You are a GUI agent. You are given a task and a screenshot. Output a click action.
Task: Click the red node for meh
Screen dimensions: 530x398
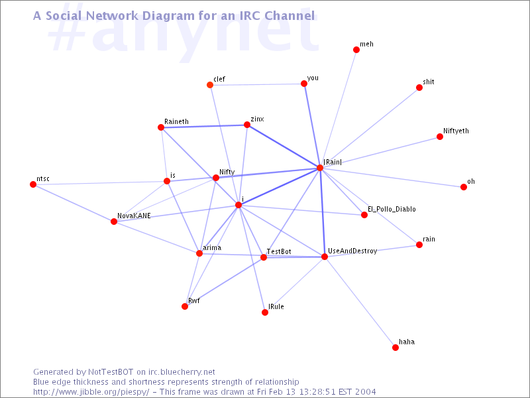click(x=356, y=50)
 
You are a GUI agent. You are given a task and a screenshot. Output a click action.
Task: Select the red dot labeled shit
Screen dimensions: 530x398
click(x=419, y=88)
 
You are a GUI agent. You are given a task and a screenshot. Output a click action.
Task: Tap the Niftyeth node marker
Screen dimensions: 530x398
click(x=440, y=137)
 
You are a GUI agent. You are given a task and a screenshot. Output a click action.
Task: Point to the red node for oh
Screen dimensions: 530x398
click(x=464, y=187)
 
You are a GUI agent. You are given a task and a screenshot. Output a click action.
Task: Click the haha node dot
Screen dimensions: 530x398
click(x=396, y=348)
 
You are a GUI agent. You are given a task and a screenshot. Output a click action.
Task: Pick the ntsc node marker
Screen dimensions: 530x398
click(x=33, y=184)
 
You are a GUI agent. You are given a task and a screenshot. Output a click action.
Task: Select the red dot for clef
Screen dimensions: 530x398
click(x=210, y=85)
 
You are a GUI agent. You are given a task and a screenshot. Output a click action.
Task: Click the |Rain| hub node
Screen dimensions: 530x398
click(x=320, y=168)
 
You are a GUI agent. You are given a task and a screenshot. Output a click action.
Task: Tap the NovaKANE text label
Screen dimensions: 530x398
click(x=134, y=216)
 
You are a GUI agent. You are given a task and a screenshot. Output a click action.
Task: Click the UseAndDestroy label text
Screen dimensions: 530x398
click(x=352, y=251)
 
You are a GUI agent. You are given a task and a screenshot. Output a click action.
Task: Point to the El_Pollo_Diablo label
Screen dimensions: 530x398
click(x=392, y=209)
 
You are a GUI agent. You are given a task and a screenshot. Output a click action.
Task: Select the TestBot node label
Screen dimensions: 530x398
click(x=279, y=251)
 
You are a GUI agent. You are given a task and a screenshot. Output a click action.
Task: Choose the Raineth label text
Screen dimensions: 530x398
click(x=176, y=121)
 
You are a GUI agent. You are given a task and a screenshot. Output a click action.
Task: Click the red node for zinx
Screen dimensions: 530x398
click(x=247, y=125)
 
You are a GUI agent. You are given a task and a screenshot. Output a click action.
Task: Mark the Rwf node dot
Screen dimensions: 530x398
click(x=185, y=306)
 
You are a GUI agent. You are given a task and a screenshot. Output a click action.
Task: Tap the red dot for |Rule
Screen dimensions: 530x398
click(x=265, y=312)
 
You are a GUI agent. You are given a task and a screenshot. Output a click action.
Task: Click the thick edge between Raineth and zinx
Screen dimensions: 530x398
click(x=204, y=126)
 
